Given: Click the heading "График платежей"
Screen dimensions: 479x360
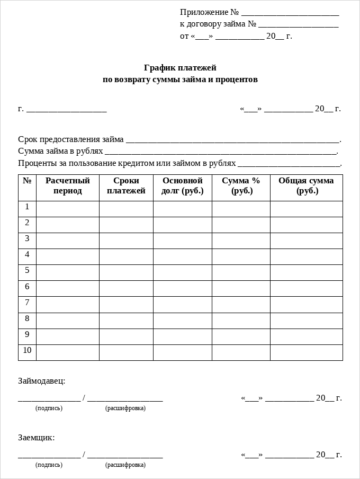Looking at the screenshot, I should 180,68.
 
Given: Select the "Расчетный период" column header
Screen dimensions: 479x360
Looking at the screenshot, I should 68,185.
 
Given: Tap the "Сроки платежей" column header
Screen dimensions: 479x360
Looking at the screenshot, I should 126,185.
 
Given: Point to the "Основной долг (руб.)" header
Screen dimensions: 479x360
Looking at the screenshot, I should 183,185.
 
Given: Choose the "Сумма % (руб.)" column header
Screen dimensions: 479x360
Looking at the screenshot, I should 241,185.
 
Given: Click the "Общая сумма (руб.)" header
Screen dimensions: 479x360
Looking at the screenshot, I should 306,185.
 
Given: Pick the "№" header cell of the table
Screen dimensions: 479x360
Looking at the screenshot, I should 27,181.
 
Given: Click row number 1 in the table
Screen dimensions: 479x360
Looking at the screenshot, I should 27,207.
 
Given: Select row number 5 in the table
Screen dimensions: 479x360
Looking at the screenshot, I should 27,271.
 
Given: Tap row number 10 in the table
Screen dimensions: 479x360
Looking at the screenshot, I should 27,350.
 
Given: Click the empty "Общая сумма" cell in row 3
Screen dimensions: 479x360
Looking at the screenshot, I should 306,241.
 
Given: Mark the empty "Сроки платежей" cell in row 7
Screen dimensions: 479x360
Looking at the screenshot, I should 126,305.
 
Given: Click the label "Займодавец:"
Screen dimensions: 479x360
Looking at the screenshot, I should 42,381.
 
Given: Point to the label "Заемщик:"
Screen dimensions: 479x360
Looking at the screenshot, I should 37,438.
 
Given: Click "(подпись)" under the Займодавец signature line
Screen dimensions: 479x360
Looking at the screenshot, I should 49,409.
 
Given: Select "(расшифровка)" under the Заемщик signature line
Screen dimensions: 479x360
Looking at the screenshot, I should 125,465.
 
